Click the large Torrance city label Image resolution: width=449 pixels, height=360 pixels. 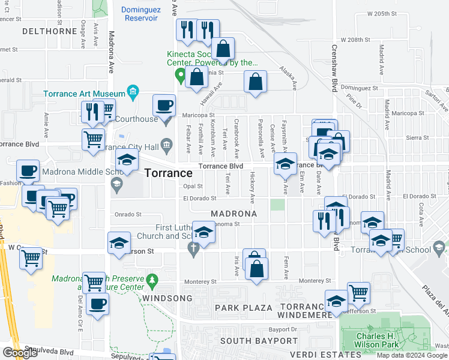(x=169, y=173)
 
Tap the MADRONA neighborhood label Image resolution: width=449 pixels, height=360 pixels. (x=234, y=214)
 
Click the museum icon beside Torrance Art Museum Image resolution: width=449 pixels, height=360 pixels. (x=133, y=92)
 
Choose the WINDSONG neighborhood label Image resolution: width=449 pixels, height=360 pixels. (x=167, y=298)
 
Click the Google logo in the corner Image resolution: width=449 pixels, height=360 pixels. (x=20, y=353)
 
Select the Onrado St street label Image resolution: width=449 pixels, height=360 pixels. (x=128, y=214)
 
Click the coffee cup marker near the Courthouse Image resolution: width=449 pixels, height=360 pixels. (x=163, y=106)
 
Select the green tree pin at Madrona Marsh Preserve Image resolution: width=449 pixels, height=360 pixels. (x=152, y=280)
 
